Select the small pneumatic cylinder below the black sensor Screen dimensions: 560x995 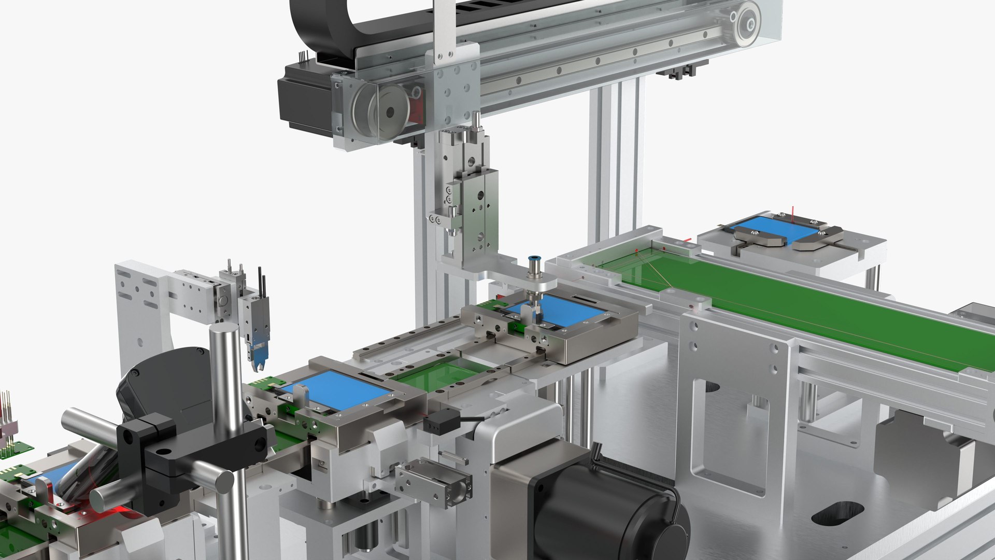pyautogui.click(x=433, y=480)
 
